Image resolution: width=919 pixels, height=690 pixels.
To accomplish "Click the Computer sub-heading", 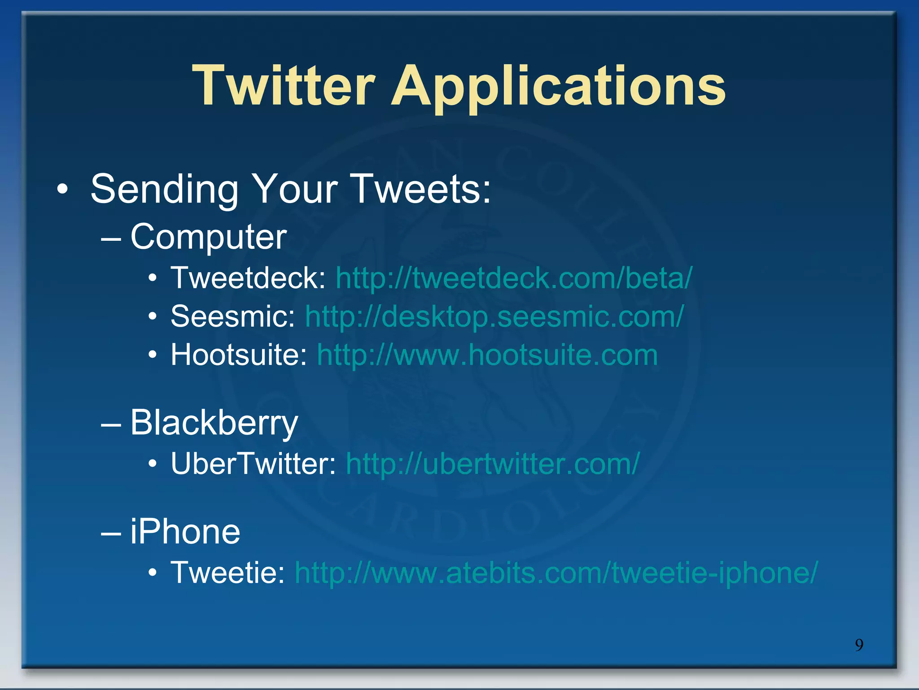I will (208, 237).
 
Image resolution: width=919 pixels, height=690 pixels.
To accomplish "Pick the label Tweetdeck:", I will (248, 278).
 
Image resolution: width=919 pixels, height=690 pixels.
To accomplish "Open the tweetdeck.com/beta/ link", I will (514, 278).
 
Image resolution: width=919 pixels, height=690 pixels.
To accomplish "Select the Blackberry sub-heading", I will (214, 423).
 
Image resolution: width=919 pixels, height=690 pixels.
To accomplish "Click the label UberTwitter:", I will (253, 464).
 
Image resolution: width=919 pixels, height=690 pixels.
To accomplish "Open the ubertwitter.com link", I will (493, 464).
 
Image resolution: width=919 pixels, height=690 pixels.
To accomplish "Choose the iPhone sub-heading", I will (185, 532).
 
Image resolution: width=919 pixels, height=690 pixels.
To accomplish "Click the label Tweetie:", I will (228, 573).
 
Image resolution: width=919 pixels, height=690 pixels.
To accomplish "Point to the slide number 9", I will (859, 645).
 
